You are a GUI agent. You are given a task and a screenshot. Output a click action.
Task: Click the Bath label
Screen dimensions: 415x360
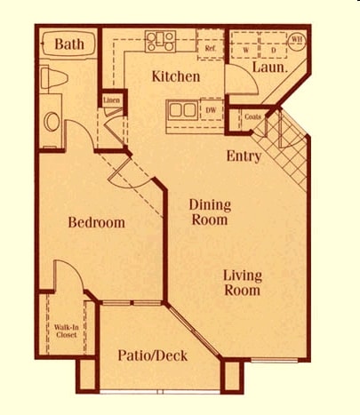pos(68,44)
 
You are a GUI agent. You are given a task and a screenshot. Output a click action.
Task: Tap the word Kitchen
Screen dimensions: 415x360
pos(174,76)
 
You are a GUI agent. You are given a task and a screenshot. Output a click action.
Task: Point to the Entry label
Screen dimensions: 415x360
pos(244,156)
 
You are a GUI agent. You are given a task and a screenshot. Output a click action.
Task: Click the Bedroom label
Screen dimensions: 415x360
pos(96,222)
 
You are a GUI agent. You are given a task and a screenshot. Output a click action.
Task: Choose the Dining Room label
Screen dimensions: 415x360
pos(210,211)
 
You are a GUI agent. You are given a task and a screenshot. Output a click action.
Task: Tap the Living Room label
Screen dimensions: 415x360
pos(242,283)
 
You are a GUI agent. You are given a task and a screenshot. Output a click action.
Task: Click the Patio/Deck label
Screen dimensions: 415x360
pos(152,355)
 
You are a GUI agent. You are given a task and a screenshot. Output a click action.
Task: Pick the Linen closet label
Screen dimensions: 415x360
pos(111,100)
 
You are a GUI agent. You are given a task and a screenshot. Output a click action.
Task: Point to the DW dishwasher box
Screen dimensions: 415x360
pos(212,111)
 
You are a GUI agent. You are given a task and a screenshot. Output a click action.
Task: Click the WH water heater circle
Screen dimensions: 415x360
pos(297,39)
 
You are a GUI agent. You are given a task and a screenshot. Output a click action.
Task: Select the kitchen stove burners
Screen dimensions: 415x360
pos(161,41)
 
